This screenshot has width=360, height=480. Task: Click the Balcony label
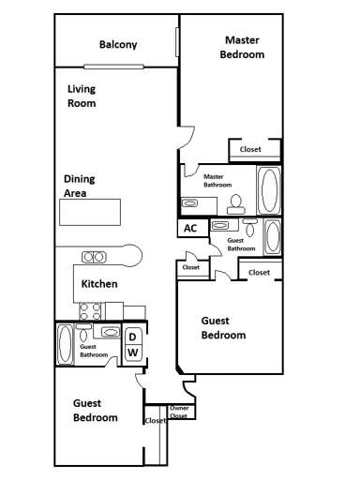(x=118, y=45)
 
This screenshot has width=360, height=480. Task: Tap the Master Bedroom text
(x=242, y=47)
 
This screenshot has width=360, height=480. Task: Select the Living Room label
(x=82, y=97)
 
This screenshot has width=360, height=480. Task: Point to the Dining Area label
(x=80, y=185)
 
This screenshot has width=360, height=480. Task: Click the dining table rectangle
(x=91, y=213)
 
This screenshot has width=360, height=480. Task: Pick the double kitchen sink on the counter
(x=94, y=256)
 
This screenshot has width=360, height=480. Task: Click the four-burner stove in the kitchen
(x=90, y=310)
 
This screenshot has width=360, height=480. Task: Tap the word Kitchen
(x=99, y=284)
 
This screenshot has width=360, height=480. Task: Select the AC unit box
(x=190, y=228)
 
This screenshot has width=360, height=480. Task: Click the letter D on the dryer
(x=133, y=337)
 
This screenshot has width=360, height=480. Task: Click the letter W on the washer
(x=133, y=352)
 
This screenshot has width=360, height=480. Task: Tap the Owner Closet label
(x=180, y=412)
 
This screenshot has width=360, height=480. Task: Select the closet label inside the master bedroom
(x=250, y=149)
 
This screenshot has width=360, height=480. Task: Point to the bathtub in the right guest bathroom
(x=271, y=235)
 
